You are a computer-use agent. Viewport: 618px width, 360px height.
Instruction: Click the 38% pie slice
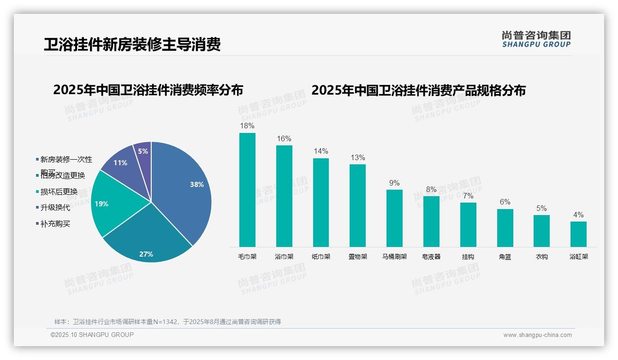(x=184, y=189)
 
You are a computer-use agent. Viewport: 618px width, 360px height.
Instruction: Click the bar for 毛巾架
(x=247, y=190)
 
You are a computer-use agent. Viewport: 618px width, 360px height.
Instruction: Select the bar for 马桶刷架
(x=394, y=218)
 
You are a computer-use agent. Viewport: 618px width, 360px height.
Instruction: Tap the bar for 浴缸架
(x=578, y=234)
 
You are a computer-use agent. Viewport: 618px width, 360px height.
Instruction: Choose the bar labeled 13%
(x=357, y=205)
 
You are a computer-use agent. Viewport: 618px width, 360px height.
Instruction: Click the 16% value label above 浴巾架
(x=284, y=139)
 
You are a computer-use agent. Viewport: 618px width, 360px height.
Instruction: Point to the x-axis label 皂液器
(x=431, y=257)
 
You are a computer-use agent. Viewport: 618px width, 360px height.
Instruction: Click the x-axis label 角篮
(x=505, y=257)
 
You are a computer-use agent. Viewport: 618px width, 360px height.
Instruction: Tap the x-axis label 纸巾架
(x=321, y=257)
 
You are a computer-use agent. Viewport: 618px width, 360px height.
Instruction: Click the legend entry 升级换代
(x=55, y=208)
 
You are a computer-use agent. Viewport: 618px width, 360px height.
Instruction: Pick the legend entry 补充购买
(x=55, y=224)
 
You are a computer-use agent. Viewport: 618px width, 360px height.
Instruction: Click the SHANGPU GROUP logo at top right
(x=536, y=39)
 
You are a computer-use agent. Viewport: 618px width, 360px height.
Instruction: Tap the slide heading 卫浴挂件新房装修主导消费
(x=132, y=44)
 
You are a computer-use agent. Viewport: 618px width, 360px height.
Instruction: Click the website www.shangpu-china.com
(x=537, y=335)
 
